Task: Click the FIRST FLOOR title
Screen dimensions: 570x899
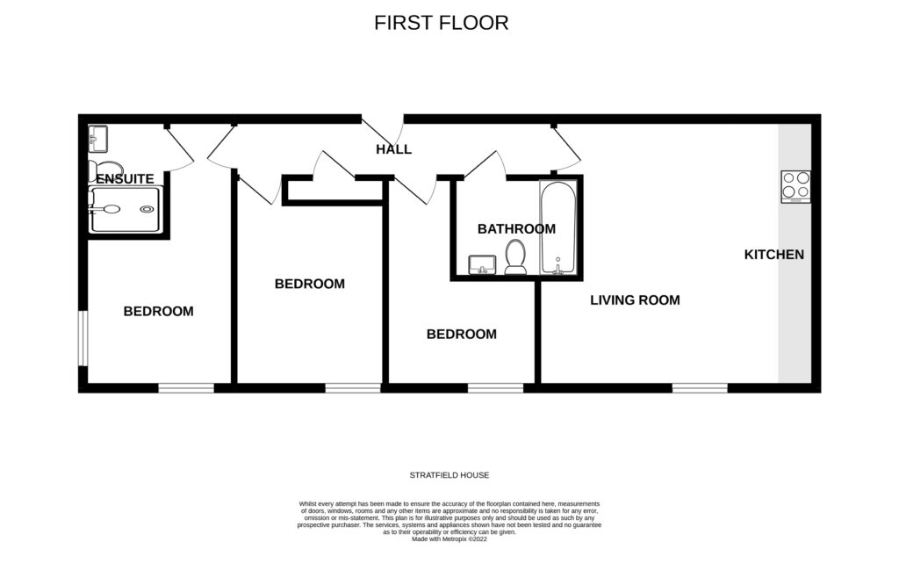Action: coord(441,23)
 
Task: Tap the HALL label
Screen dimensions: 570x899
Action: coord(393,149)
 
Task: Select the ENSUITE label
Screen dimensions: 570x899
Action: coord(125,178)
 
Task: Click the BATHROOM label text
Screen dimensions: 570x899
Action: coord(516,229)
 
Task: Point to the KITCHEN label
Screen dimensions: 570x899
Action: coord(773,255)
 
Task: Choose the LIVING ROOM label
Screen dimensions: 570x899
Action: coord(635,300)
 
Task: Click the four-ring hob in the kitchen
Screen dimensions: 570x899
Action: coord(796,186)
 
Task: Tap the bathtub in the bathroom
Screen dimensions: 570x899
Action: coord(558,228)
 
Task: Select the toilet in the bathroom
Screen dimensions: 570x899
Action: coord(515,258)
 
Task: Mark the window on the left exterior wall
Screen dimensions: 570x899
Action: coord(83,336)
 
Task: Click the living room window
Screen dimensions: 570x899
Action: coord(700,387)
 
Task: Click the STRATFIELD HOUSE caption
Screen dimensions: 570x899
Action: coord(449,475)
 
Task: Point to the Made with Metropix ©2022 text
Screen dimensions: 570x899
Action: coord(449,539)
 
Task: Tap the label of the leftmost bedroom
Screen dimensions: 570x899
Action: coord(158,311)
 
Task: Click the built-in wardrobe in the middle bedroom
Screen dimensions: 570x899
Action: coord(334,191)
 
